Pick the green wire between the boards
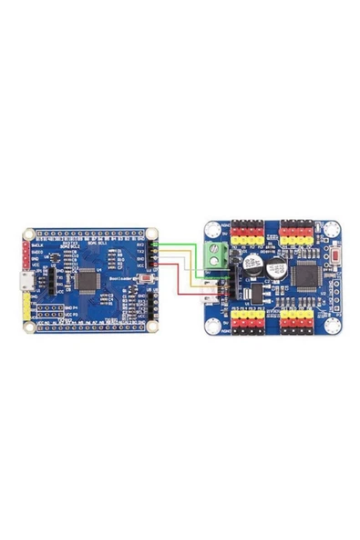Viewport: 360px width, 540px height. [x=187, y=242]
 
